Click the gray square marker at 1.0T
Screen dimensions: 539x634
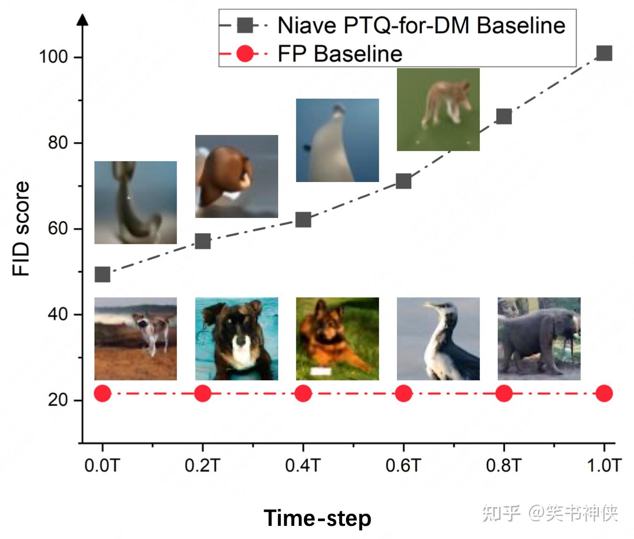tap(604, 53)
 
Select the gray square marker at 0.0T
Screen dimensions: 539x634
tap(102, 274)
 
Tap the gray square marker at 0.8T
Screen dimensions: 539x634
tap(504, 117)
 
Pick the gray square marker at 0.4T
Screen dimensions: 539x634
tap(303, 219)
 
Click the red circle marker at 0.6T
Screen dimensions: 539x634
tap(403, 393)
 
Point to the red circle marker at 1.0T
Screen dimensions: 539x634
tap(604, 393)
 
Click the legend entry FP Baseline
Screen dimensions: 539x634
tap(339, 53)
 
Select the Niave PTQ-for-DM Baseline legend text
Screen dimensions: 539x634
tap(421, 25)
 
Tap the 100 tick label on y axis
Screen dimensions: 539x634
tap(53, 57)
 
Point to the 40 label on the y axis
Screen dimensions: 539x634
tap(58, 314)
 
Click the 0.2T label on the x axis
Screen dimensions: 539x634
tap(202, 466)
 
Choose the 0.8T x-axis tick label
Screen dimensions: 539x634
tap(503, 466)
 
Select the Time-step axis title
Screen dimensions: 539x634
tap(317, 518)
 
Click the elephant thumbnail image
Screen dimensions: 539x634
tap(539, 338)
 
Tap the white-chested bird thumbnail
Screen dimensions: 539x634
tap(438, 338)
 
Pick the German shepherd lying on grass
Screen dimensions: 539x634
tap(337, 338)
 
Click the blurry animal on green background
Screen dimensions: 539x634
tap(438, 109)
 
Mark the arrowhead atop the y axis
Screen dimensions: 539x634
tap(83, 20)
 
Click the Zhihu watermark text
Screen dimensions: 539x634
tap(550, 513)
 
